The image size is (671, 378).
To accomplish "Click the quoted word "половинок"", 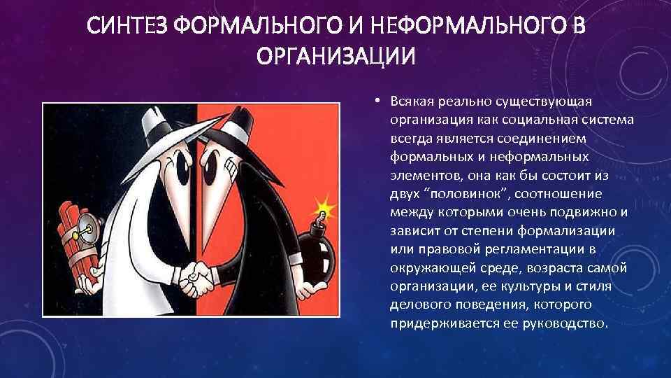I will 463,194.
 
